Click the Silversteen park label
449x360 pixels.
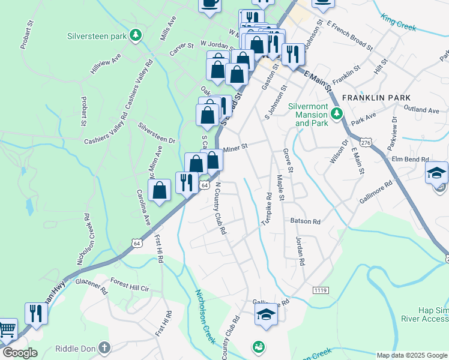click(x=97, y=36)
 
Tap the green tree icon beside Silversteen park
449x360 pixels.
click(x=137, y=35)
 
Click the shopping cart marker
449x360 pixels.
click(x=7, y=329)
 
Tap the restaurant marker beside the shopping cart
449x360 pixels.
click(x=35, y=313)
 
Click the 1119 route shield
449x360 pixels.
click(x=321, y=290)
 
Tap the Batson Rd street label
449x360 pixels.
click(x=307, y=221)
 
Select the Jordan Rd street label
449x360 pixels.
click(x=300, y=251)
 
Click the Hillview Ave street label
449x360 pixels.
click(x=106, y=63)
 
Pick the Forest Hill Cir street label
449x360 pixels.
click(x=130, y=284)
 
